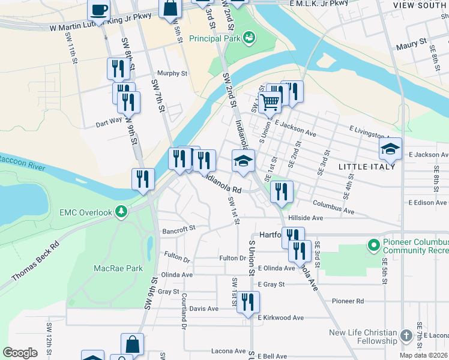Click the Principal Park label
point(214,38)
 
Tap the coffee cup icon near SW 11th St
point(98,10)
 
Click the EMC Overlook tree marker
point(122,212)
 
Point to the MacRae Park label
point(118,268)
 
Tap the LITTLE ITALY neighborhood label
point(367,166)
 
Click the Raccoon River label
point(21,161)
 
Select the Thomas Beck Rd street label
point(35,262)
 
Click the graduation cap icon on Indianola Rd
point(243,161)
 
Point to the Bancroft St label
point(178,229)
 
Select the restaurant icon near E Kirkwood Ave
point(247,302)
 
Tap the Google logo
point(20,353)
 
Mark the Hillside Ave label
point(306,218)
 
